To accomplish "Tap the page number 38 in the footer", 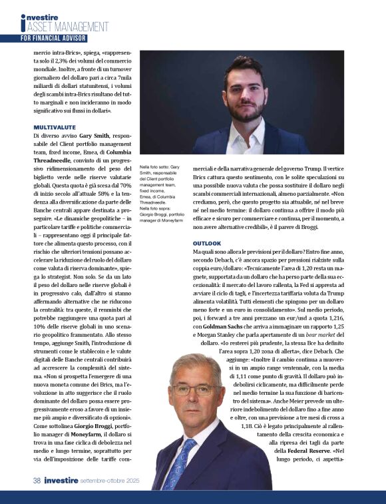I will click(x=39, y=479).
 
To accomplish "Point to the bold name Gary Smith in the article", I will click(x=95, y=134).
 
